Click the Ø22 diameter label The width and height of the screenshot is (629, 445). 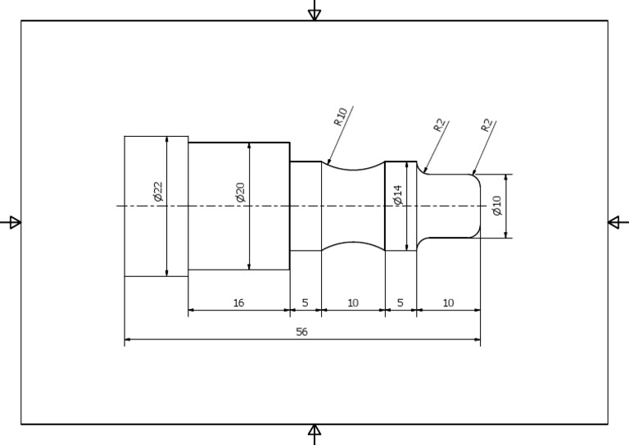tap(158, 192)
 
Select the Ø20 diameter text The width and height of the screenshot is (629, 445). tap(240, 193)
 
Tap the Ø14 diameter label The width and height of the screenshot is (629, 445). tap(398, 195)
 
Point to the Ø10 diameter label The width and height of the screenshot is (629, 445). tap(496, 206)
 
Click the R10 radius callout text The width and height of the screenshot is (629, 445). tap(341, 116)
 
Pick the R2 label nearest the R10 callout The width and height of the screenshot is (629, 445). tap(439, 125)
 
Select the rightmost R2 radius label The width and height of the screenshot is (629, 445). tap(487, 125)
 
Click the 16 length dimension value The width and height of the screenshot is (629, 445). tap(238, 303)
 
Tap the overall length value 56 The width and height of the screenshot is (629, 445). tap(301, 332)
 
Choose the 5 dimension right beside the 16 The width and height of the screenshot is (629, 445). tap(305, 303)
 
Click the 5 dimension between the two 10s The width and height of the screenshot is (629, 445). tap(400, 303)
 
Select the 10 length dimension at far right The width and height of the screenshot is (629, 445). tap(448, 303)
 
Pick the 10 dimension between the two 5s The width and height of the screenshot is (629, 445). tap(353, 303)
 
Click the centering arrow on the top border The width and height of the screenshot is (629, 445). tap(314, 13)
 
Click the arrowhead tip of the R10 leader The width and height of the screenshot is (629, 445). tap(328, 164)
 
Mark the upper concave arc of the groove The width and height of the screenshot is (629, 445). tap(353, 170)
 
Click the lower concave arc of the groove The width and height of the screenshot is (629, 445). tap(353, 243)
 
